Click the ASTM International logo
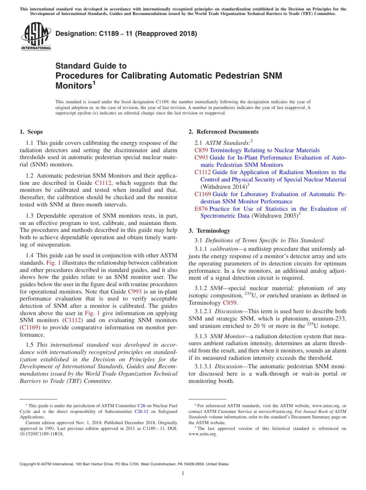point(36,36)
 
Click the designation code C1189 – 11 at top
point(126,34)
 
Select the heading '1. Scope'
point(31,132)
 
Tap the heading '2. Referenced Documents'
point(223,132)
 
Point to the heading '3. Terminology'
point(209,231)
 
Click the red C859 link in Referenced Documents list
point(201,150)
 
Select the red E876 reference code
point(201,209)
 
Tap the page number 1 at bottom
point(183,473)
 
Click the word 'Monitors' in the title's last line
point(74,86)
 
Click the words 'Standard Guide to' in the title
point(91,66)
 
